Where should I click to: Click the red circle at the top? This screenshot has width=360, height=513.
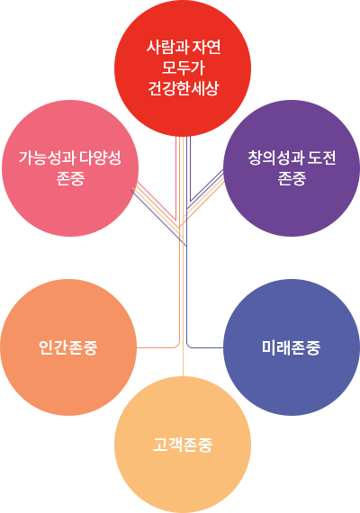[x=183, y=68]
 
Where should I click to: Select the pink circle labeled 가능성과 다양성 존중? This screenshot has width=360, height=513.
[x=70, y=168]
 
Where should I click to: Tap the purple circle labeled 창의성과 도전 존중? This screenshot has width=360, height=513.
[x=292, y=168]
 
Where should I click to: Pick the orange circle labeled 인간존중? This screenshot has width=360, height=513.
[x=68, y=347]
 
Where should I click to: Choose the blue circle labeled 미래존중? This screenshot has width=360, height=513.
[x=292, y=347]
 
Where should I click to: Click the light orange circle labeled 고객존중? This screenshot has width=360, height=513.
[x=183, y=445]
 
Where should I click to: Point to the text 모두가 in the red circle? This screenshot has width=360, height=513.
[x=183, y=67]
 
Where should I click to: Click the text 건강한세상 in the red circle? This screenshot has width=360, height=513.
[x=183, y=88]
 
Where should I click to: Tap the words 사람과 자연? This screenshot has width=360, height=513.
[x=184, y=47]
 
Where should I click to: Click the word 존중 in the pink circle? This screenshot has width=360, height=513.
[x=70, y=178]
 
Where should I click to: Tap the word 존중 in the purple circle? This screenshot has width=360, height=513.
[x=292, y=178]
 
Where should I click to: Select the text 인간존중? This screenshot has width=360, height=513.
[x=68, y=347]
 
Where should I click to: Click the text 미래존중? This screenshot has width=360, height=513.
[x=291, y=347]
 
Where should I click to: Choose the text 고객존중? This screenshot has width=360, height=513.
[x=183, y=445]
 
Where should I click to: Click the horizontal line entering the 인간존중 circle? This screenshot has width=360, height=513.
[x=156, y=347]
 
